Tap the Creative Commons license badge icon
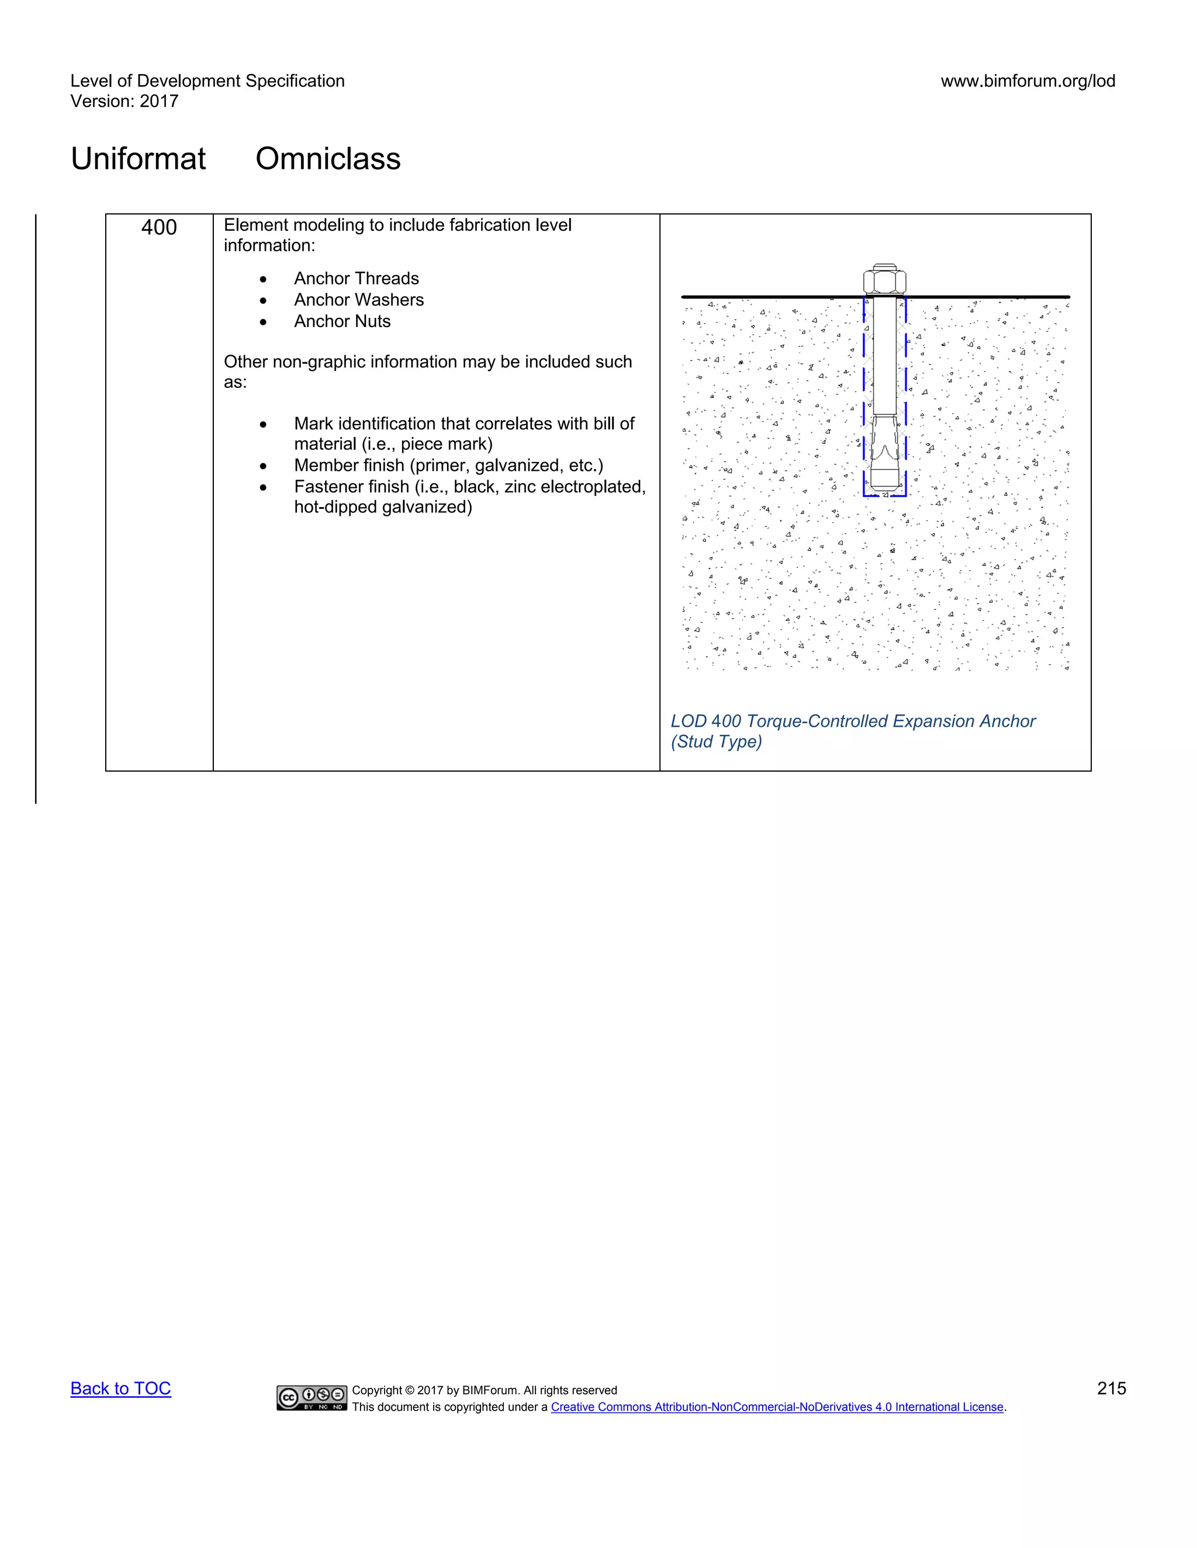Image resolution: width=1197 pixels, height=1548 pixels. point(312,1397)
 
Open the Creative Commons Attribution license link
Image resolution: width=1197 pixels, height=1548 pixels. point(777,1407)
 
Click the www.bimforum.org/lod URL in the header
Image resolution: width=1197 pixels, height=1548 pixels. point(1028,81)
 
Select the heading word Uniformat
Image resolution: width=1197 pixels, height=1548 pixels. point(139,159)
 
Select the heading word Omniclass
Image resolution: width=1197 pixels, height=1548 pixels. point(328,159)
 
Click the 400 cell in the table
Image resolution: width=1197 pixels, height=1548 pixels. point(159,227)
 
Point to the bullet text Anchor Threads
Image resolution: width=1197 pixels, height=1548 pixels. point(356,279)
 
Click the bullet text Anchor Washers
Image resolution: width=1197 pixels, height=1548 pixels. point(359,300)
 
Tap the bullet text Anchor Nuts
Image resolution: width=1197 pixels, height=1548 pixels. point(342,321)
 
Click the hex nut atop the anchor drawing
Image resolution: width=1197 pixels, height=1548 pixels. point(884,280)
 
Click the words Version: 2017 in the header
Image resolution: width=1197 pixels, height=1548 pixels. point(124,102)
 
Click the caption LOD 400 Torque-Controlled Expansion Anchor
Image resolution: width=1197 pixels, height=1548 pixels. point(852,721)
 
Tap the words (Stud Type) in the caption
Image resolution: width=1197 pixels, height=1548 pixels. point(716,742)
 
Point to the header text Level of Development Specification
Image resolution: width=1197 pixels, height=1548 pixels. point(207,81)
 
